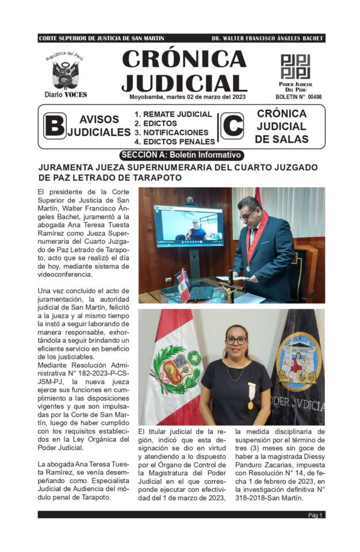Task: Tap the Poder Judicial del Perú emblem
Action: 295,66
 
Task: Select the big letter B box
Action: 55,126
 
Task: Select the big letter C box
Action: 232,126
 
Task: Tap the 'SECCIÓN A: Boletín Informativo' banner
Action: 182,155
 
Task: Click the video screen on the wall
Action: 189,227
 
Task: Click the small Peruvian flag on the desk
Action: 183,283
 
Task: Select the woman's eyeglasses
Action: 235,340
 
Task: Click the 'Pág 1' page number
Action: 316,515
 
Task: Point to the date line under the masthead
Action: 187,97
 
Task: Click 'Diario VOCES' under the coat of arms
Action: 66,94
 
